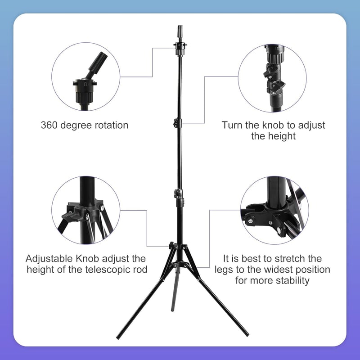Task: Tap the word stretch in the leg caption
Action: tap(290, 259)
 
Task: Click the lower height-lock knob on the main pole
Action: tap(176, 193)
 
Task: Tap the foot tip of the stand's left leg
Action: tap(118, 337)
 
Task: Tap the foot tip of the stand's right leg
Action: tap(247, 334)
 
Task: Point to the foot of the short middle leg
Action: tap(173, 310)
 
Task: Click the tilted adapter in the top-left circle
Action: tap(97, 65)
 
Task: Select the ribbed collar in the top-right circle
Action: tap(274, 55)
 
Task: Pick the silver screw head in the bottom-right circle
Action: tap(250, 221)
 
